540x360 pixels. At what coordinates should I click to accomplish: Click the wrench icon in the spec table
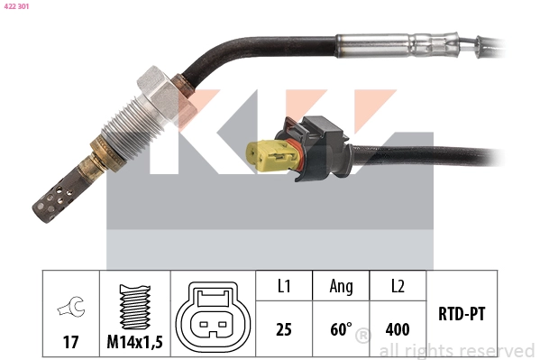[70, 309]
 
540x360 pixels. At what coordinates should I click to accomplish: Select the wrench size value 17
[70, 342]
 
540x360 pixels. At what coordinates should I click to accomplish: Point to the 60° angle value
[340, 329]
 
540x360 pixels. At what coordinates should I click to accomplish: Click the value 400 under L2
[398, 329]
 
